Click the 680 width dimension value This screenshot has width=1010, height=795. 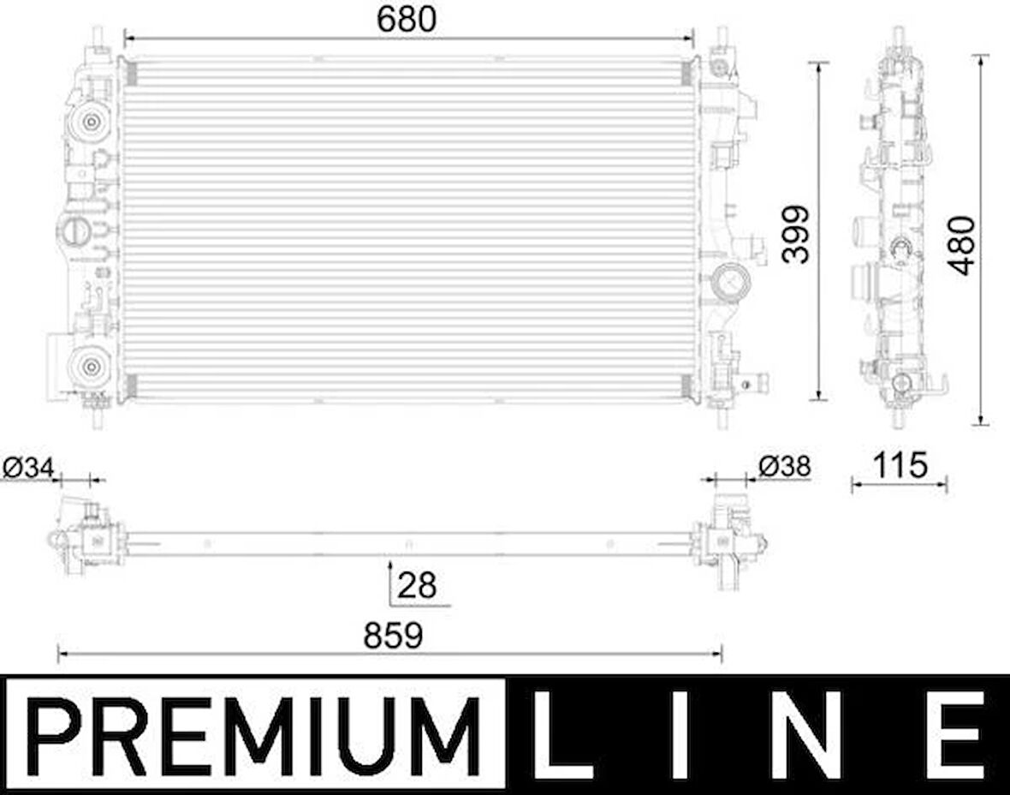(407, 20)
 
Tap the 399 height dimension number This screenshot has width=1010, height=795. (795, 234)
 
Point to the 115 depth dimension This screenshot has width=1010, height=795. (901, 465)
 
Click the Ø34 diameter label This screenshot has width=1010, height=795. (28, 467)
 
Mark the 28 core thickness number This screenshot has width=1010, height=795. (417, 585)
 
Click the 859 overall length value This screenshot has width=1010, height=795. (393, 636)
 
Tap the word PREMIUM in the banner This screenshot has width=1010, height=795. (255, 735)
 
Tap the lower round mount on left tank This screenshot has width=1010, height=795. (89, 367)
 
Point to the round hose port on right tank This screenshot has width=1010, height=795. (728, 279)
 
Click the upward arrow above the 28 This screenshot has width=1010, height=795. (390, 568)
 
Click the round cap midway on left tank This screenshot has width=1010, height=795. (73, 230)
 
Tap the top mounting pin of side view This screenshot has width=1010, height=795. (898, 37)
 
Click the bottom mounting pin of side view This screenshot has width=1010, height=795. (898, 418)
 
